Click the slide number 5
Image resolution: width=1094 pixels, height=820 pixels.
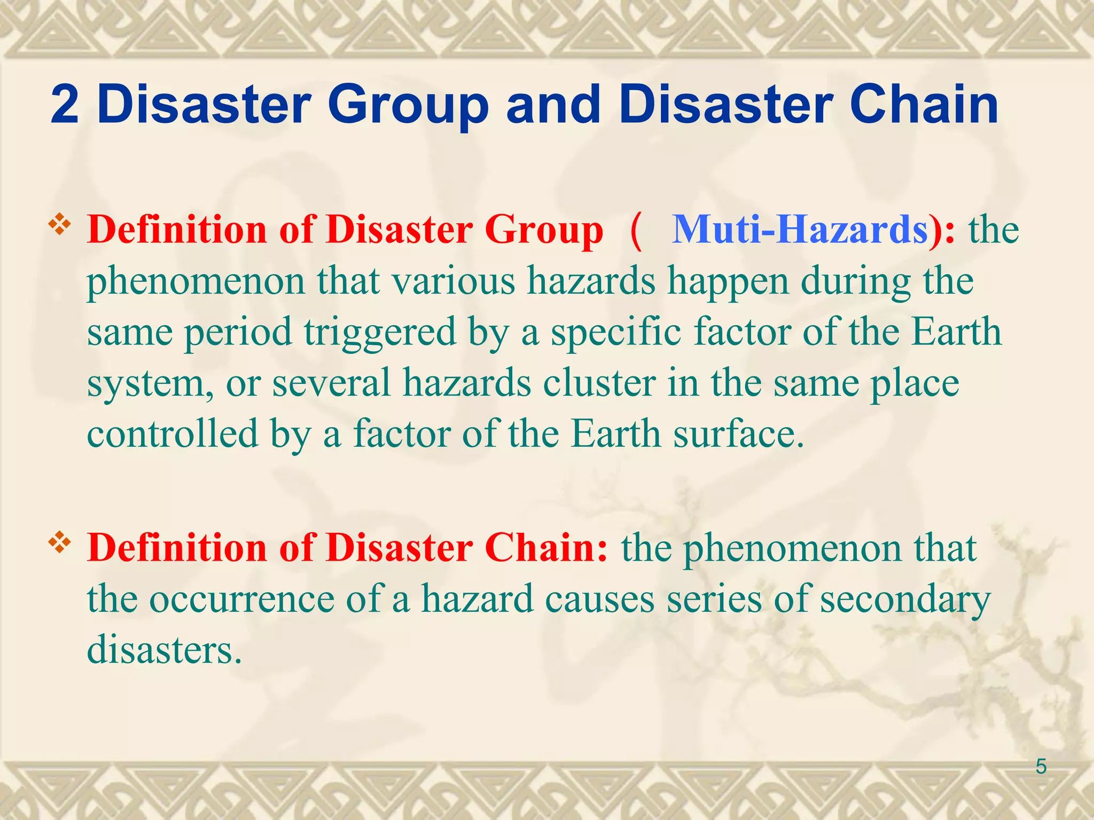(1041, 767)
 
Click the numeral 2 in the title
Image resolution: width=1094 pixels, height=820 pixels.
(65, 105)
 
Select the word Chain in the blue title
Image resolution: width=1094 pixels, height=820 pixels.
(924, 105)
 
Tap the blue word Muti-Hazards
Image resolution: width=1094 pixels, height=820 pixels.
(800, 230)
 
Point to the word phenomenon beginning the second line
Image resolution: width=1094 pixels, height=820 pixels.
(196, 282)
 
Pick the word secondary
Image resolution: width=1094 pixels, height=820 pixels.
(905, 599)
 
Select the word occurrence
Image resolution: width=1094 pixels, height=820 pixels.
(241, 599)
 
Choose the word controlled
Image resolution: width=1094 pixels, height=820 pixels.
(173, 434)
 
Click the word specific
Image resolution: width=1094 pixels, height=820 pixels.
(616, 333)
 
